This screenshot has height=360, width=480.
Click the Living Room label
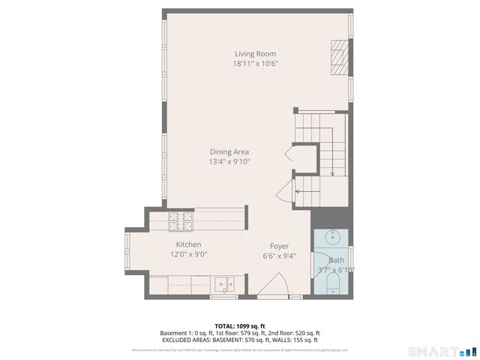point(255,53)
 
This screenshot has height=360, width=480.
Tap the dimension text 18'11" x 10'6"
point(255,64)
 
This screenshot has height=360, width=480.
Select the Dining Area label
point(229,151)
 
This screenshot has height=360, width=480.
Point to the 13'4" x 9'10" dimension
point(229,161)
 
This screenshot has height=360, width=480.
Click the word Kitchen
point(188,244)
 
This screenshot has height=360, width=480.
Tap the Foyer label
point(279,246)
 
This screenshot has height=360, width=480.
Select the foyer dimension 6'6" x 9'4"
point(279,256)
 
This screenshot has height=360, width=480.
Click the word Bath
point(335,259)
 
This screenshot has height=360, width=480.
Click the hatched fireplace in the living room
point(340,57)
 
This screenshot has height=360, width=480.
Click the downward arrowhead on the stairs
point(332,174)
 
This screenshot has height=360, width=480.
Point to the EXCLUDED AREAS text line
point(240,340)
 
